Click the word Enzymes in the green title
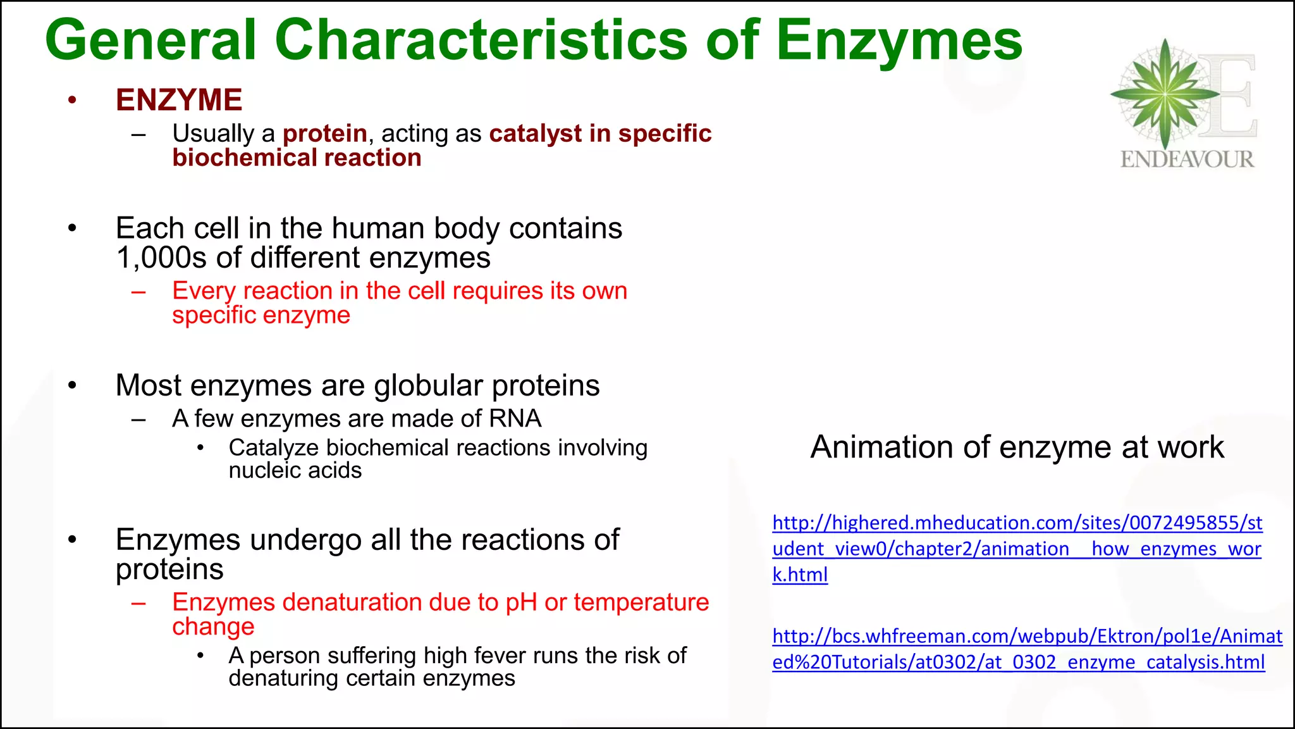coord(899,40)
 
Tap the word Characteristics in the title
coord(481,40)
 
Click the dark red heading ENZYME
coord(179,100)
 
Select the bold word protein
coord(325,134)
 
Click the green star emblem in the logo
coord(1165,94)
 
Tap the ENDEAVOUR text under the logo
coord(1187,159)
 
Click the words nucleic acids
coord(295,471)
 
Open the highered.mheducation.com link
coord(1017,549)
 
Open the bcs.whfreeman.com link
coord(1027,649)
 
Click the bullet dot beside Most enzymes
coord(73,385)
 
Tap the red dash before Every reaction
coord(138,292)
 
